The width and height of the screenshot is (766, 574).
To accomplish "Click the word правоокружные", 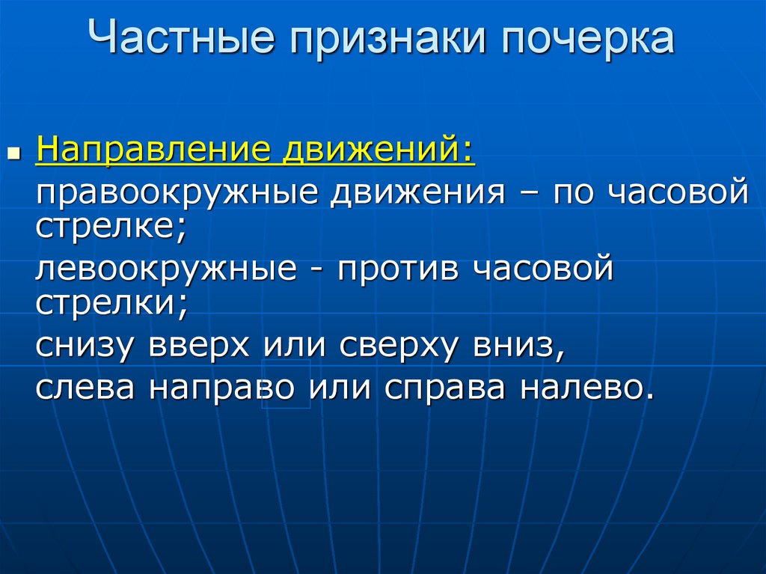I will pyautogui.click(x=178, y=193).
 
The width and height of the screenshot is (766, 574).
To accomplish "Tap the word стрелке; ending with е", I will pyautogui.click(x=110, y=225).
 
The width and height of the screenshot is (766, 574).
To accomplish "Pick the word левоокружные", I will pyautogui.click(x=166, y=269).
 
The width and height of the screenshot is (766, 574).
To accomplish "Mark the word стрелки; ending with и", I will pyautogui.click(x=110, y=301).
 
